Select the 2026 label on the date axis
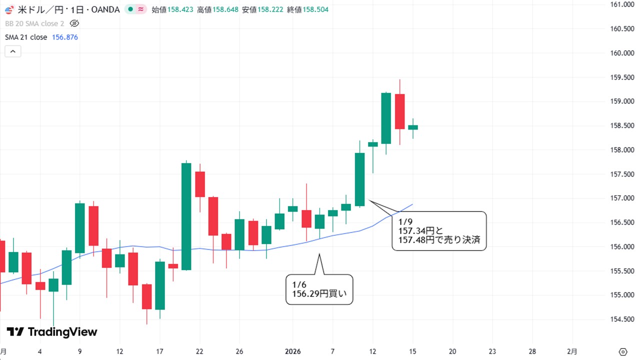click(x=293, y=351)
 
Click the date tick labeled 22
click(x=199, y=351)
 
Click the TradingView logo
click(x=52, y=332)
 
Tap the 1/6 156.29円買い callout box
click(x=319, y=289)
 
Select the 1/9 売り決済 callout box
click(x=438, y=230)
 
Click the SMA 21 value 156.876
click(x=65, y=37)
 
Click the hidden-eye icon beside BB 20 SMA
click(x=74, y=23)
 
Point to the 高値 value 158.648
click(x=224, y=9)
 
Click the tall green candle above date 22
click(x=186, y=216)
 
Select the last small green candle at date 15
click(x=413, y=127)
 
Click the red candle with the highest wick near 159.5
click(x=399, y=111)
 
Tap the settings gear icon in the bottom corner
click(x=623, y=351)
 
